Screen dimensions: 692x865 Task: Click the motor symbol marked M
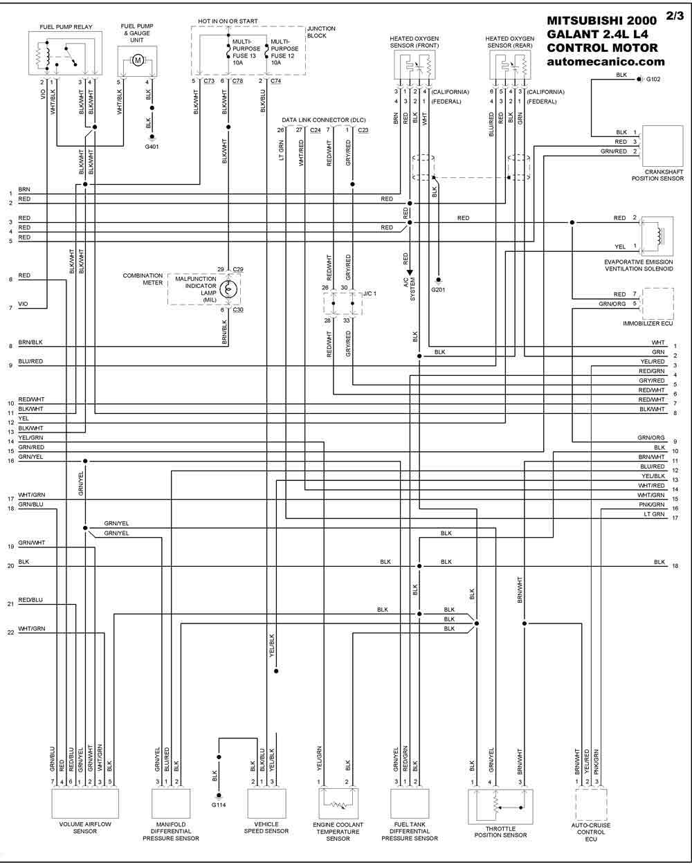[x=138, y=61]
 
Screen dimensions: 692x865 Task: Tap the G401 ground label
[x=152, y=147]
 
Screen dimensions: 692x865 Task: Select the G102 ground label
[x=653, y=79]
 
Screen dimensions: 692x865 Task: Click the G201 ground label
[x=438, y=289]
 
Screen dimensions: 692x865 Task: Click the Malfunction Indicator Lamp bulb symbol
[x=228, y=289]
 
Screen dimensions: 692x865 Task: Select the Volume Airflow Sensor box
[x=85, y=803]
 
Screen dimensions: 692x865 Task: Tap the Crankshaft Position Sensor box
[x=663, y=146]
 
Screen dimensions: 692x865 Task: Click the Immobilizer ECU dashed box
[x=658, y=304]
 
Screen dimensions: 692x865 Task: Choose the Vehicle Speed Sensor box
[x=266, y=803]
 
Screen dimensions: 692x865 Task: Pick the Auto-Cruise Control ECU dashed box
[x=591, y=804]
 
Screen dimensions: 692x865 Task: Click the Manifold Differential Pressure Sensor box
[x=171, y=803]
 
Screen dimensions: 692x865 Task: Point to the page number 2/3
[x=674, y=16]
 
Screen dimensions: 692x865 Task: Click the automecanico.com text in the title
[x=605, y=62]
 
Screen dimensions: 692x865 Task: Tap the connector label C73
[x=209, y=81]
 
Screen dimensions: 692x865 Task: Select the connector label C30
[x=238, y=309]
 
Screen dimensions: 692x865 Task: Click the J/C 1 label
[x=370, y=293]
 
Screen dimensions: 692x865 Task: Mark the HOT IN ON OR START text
[x=228, y=21]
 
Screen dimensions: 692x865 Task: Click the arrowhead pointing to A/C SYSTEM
[x=410, y=272]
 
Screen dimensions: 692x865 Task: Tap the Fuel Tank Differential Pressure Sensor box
[x=410, y=803]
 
